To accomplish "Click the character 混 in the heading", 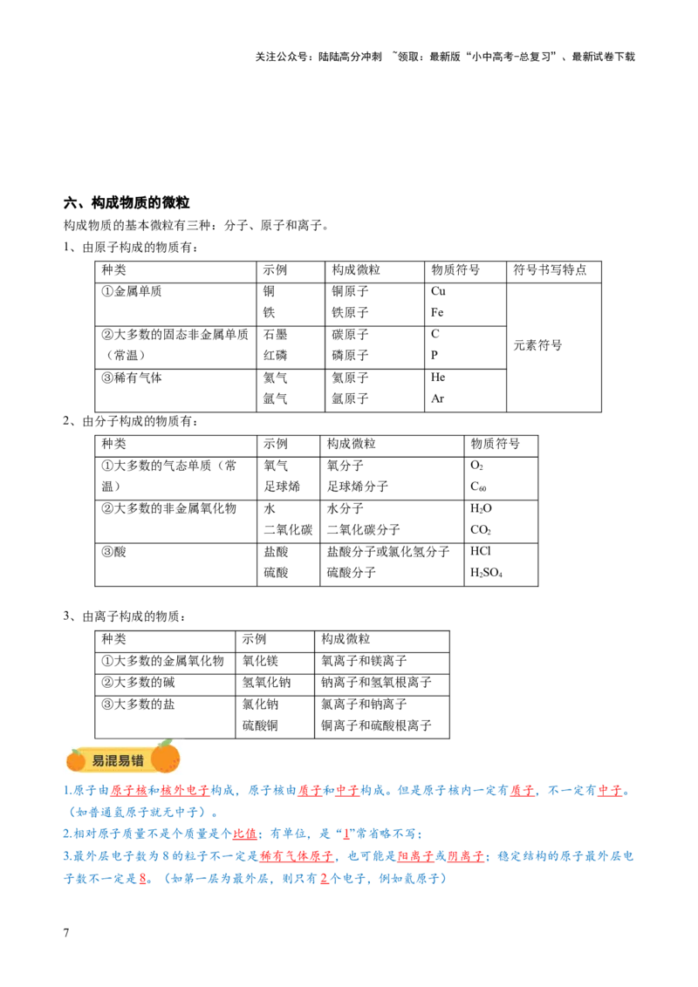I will point(111,760).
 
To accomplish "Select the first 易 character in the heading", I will point(98,760).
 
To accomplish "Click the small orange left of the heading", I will point(76,761).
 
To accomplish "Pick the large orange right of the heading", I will point(165,757).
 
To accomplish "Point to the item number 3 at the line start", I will point(65,857).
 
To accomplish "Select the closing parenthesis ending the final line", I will point(444,879).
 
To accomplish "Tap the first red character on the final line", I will point(142,879).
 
